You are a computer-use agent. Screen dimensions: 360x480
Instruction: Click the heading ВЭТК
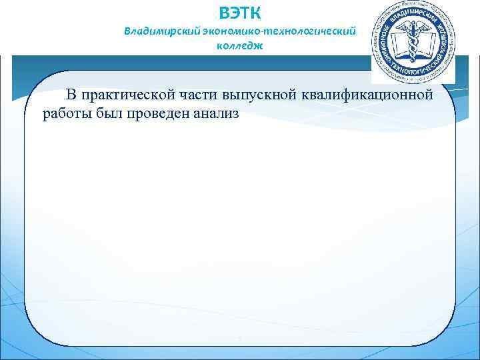point(240,12)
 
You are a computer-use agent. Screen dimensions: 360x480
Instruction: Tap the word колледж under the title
point(240,46)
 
